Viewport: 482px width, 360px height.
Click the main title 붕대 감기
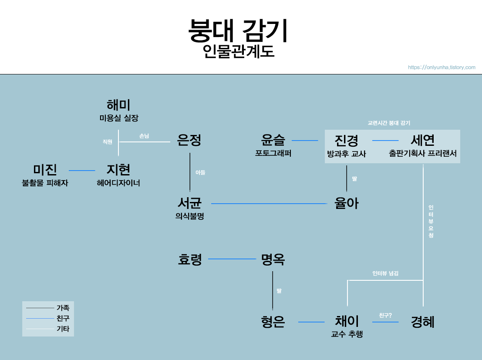tap(238, 30)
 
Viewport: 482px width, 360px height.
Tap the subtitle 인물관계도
tap(238, 52)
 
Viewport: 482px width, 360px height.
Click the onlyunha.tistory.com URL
tap(442, 67)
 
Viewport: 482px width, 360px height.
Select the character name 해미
tap(118, 105)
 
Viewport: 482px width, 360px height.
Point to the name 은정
tap(189, 140)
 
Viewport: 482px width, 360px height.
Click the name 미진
tap(45, 170)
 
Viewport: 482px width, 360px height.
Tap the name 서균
tap(189, 203)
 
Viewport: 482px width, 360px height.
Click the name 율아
tap(347, 203)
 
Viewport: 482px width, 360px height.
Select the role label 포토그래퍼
tap(273, 153)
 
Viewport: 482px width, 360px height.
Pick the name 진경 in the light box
tap(347, 140)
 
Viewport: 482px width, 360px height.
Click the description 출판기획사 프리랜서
tap(422, 154)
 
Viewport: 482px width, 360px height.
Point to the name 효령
tap(190, 259)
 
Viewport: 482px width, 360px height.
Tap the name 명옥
tap(273, 259)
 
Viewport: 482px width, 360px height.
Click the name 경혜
tap(423, 322)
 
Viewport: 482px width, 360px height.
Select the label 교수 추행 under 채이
tap(347, 334)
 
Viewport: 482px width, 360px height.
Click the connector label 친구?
tap(385, 315)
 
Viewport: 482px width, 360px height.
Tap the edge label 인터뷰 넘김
tap(385, 273)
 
